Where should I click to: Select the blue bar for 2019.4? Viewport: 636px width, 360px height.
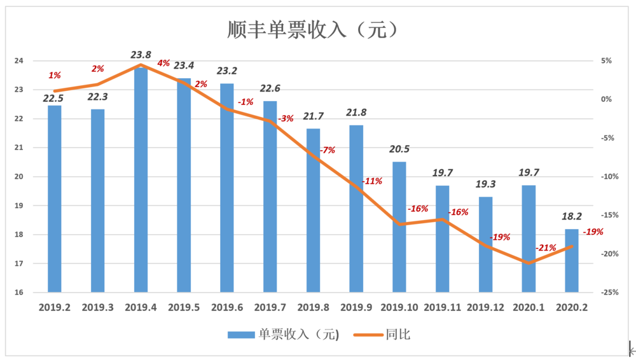point(141,178)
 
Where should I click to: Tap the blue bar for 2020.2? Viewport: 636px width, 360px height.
point(572,261)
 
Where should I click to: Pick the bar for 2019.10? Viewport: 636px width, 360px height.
point(399,227)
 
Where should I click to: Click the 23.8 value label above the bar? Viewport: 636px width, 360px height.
point(141,55)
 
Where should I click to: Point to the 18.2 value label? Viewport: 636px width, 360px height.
point(572,217)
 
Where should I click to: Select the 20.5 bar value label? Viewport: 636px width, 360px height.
point(399,149)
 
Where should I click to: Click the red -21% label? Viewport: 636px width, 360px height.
point(546,247)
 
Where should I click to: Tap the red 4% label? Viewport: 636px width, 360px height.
point(163,63)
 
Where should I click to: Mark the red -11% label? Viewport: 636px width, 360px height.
point(372,181)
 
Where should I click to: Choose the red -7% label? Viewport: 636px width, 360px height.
point(327,151)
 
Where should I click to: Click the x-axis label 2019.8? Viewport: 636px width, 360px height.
point(313,307)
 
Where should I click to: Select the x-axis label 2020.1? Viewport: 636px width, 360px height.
point(529,307)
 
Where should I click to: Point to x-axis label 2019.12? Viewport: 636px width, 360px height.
point(485,307)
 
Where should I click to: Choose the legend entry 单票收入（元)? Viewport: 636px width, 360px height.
point(283,335)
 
